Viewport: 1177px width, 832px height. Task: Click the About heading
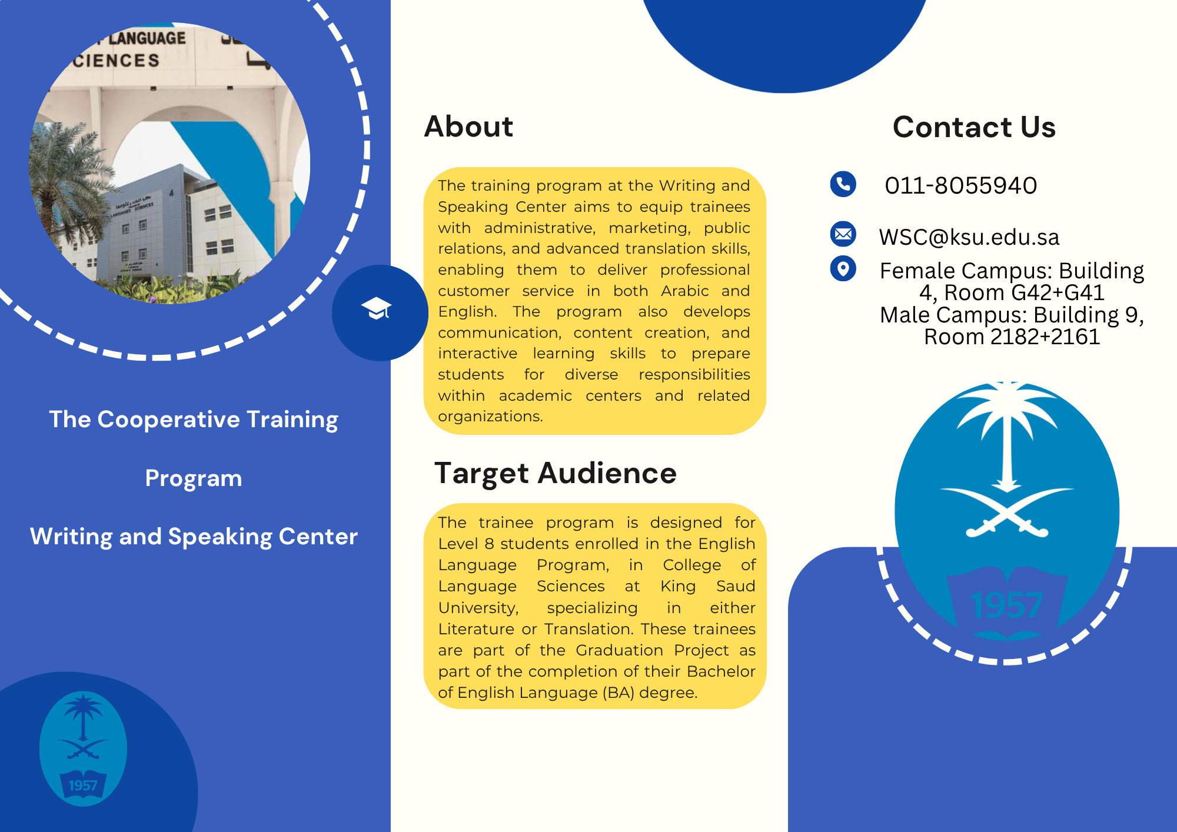pyautogui.click(x=468, y=127)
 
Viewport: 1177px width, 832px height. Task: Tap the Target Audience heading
pyautogui.click(x=556, y=473)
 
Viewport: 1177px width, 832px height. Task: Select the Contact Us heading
pyautogui.click(x=974, y=127)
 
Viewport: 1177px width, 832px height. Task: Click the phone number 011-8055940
pyautogui.click(x=960, y=185)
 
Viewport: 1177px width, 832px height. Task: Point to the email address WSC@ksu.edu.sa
pyautogui.click(x=969, y=237)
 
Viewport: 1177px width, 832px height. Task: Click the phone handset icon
pyautogui.click(x=843, y=184)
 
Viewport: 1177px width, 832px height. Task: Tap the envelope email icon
pyautogui.click(x=843, y=234)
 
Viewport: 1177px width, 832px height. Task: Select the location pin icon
pyautogui.click(x=843, y=268)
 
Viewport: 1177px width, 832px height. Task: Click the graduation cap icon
pyautogui.click(x=377, y=308)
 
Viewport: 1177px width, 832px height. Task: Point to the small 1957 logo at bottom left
pyautogui.click(x=83, y=748)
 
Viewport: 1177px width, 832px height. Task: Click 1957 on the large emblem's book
pyautogui.click(x=1006, y=605)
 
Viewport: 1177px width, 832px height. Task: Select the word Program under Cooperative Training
pyautogui.click(x=194, y=478)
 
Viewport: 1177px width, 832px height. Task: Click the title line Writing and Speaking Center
pyautogui.click(x=194, y=537)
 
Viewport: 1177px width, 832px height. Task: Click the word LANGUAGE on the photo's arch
pyautogui.click(x=147, y=39)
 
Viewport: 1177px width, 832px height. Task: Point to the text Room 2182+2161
pyautogui.click(x=1012, y=337)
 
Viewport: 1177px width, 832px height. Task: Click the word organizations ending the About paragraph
pyautogui.click(x=490, y=417)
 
